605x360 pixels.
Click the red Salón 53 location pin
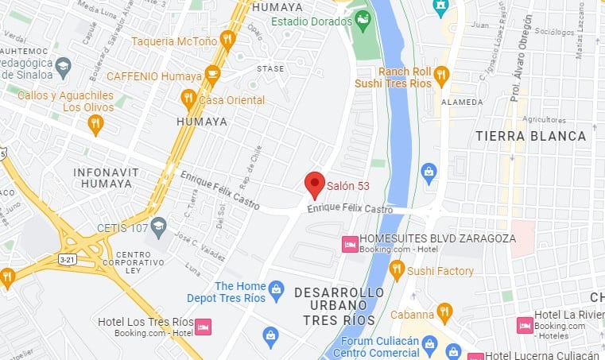pos(315,184)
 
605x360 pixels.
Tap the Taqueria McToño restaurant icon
pos(227,40)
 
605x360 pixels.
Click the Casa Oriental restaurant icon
pos(188,99)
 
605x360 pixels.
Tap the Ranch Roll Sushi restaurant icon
pos(441,75)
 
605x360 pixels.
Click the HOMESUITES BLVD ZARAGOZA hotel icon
pos(349,245)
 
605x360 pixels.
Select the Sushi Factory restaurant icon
pos(397,271)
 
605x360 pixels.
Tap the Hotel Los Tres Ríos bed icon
pos(204,327)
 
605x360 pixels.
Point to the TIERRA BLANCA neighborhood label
pos(531,137)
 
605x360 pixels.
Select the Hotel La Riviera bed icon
pos(525,325)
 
